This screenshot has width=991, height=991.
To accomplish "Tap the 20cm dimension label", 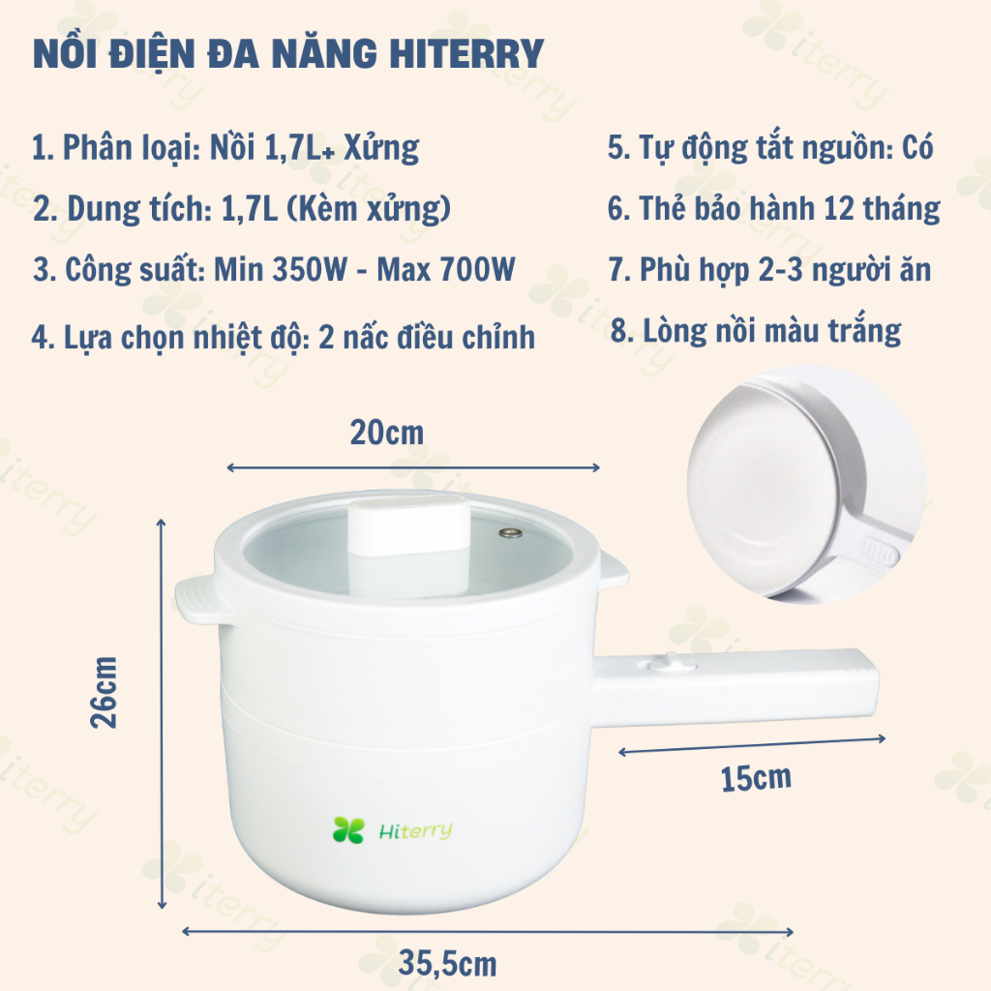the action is [x=387, y=433].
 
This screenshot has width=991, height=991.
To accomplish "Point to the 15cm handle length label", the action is [x=756, y=778].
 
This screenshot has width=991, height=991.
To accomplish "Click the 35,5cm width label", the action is [x=447, y=963].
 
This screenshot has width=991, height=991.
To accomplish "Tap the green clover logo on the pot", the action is [x=348, y=829].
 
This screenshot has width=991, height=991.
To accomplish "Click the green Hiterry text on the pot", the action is [x=415, y=831].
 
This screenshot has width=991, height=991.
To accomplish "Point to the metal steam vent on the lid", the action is [x=510, y=533].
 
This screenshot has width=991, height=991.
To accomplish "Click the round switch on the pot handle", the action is [x=671, y=664].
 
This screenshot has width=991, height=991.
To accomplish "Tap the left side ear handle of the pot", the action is [x=197, y=599].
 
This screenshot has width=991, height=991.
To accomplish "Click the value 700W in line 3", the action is [x=477, y=269].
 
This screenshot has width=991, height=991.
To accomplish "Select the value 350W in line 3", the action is [x=310, y=269].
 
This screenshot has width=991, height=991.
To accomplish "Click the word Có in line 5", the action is [x=917, y=148].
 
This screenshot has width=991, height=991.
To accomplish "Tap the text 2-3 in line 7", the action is [x=781, y=269].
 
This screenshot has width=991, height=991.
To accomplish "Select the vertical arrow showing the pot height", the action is [x=162, y=714].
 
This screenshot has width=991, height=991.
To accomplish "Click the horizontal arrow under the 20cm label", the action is [x=413, y=467].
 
